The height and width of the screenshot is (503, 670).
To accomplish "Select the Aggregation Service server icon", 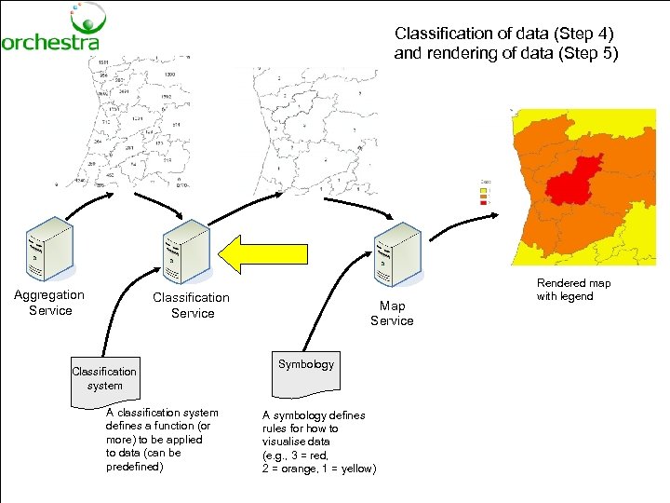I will [49, 246].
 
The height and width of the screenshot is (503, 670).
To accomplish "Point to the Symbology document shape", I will [305, 366].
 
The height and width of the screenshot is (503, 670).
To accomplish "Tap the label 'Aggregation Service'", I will [49, 303].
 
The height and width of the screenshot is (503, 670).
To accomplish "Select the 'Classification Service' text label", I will [192, 306].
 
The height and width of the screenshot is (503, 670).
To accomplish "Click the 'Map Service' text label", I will [392, 313].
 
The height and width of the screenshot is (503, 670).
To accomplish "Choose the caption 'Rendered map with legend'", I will [573, 290].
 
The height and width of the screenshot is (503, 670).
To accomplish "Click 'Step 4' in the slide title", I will [583, 34].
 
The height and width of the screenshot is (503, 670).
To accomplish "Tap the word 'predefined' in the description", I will [133, 467].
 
